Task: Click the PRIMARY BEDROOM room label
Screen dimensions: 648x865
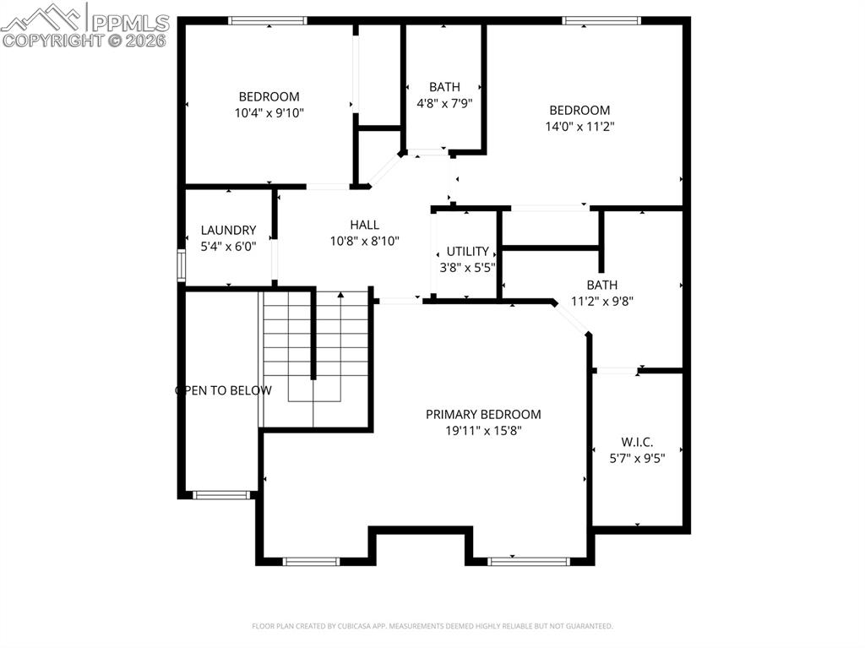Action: (x=483, y=414)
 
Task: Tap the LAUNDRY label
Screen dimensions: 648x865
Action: (x=228, y=230)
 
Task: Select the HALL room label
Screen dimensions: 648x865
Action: (x=364, y=225)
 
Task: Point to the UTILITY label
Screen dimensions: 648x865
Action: (x=467, y=251)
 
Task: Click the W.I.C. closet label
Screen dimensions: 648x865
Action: (x=637, y=442)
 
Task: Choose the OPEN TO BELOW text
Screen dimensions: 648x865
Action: (x=223, y=390)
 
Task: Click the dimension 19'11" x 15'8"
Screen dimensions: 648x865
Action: (x=483, y=430)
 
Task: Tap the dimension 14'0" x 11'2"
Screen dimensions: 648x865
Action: (x=579, y=126)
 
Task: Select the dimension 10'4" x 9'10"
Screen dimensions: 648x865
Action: (x=269, y=112)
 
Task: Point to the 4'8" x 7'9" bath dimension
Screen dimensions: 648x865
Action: (x=444, y=102)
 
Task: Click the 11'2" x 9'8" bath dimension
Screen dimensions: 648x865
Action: (x=602, y=301)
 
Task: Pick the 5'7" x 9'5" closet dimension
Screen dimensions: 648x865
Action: (x=637, y=458)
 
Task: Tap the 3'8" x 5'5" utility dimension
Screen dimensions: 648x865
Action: (x=467, y=267)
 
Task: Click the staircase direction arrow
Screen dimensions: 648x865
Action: (x=340, y=296)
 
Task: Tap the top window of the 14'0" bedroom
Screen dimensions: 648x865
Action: (x=601, y=21)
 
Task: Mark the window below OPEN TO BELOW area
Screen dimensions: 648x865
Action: (x=221, y=495)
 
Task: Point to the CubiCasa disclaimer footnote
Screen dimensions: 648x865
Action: (x=432, y=626)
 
